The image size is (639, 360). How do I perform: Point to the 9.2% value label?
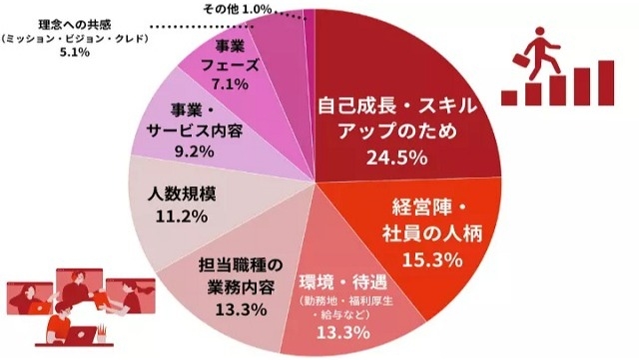pyautogui.click(x=194, y=151)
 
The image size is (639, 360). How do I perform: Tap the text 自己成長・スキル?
pyautogui.click(x=397, y=106)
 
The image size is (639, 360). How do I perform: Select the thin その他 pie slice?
pyautogui.click(x=312, y=30)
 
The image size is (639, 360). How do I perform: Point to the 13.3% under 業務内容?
pyautogui.click(x=240, y=310)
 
